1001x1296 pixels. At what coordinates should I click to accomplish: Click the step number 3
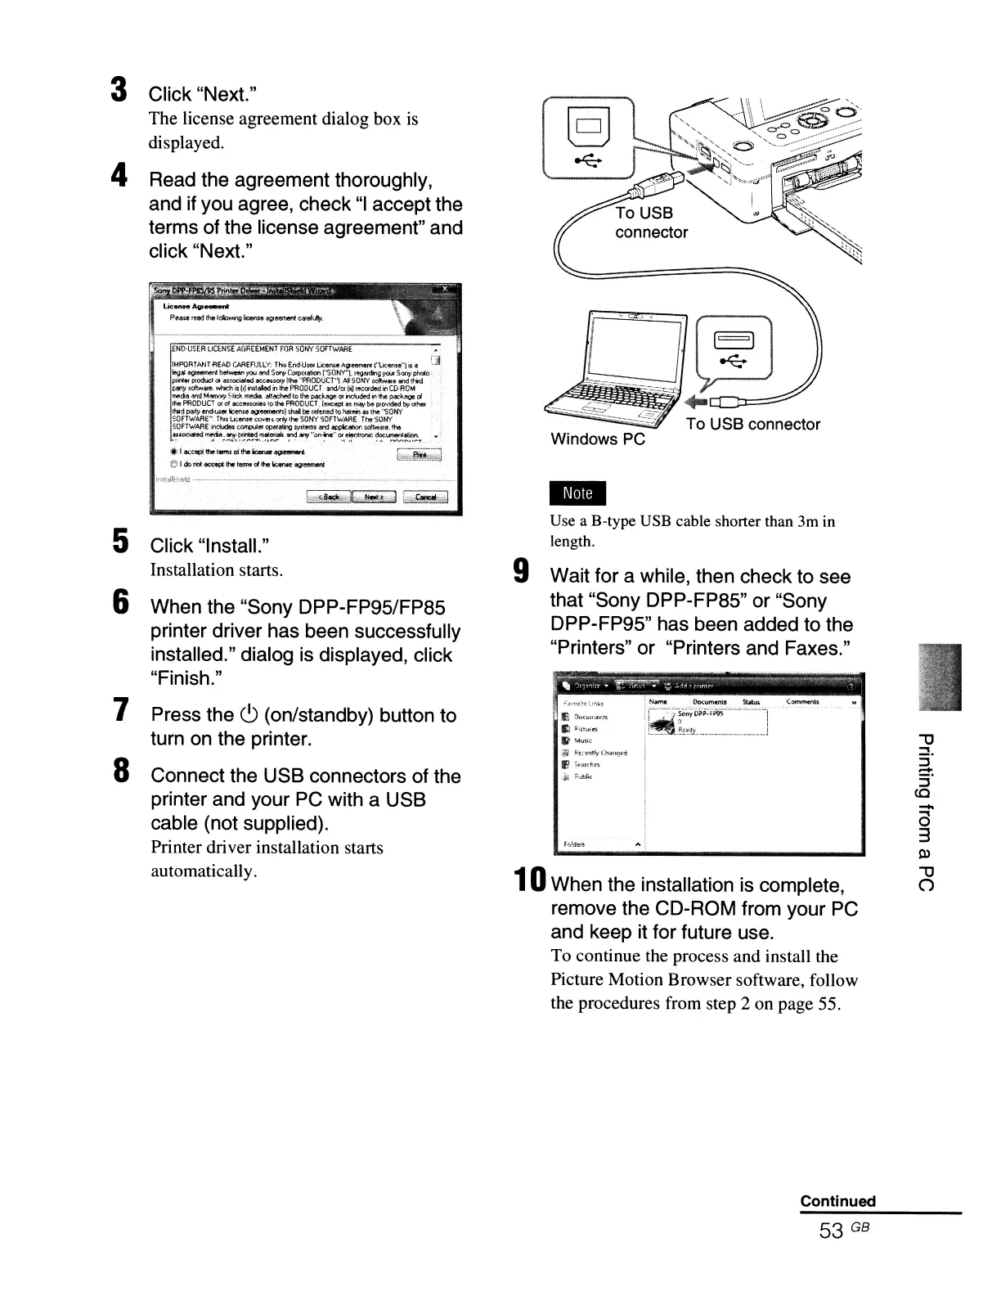(119, 90)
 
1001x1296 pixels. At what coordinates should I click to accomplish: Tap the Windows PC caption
(598, 439)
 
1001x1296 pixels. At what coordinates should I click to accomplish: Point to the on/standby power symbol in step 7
(250, 715)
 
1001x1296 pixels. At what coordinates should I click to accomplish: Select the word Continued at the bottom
(837, 1201)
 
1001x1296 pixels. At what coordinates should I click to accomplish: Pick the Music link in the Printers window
(582, 740)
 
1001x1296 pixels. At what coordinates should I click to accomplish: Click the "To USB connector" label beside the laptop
(753, 424)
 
